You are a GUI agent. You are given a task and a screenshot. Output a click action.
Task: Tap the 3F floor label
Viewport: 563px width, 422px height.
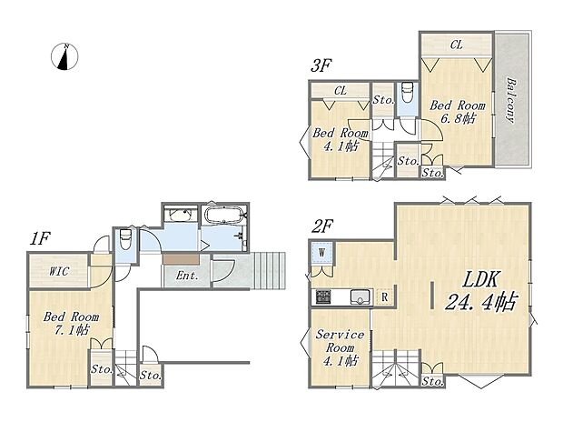tap(321, 65)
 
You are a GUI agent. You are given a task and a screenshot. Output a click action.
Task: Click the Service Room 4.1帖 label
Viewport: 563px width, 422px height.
tap(340, 347)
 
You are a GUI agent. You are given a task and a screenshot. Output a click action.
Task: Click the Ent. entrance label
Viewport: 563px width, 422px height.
tap(188, 275)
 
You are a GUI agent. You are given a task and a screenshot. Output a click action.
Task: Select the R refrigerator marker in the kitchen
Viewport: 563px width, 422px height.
tap(384, 295)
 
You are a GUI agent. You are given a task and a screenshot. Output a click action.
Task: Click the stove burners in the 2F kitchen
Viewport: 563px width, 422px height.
tap(324, 296)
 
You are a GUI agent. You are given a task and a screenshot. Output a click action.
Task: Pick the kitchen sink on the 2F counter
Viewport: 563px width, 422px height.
tap(357, 295)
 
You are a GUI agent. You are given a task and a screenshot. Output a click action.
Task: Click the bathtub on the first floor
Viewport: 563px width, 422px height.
tap(223, 216)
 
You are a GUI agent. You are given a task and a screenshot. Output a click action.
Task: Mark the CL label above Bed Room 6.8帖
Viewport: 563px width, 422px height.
tap(456, 44)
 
